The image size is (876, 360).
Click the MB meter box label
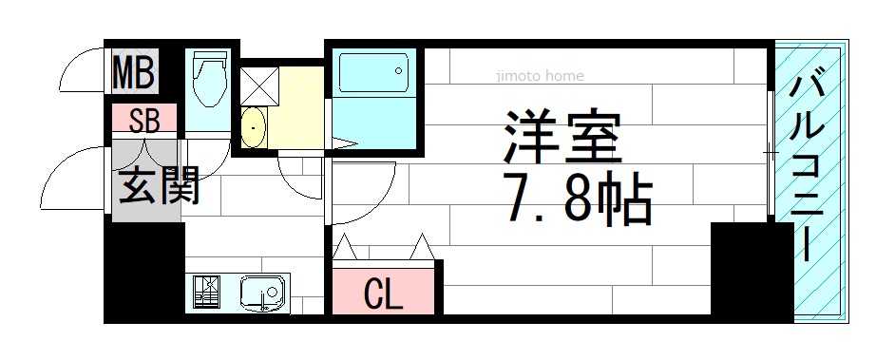[134, 71]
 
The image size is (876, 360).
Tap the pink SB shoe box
[144, 118]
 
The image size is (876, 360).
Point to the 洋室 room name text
[562, 138]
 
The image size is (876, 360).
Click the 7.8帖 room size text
[578, 199]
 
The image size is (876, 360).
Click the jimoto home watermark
[540, 76]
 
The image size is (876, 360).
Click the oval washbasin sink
[253, 128]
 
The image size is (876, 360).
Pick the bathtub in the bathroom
[373, 71]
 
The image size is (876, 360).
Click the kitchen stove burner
[206, 292]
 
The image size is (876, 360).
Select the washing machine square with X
[259, 85]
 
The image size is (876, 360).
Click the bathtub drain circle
[398, 71]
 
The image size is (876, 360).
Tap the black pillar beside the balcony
[752, 272]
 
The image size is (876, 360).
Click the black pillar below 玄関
[144, 272]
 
